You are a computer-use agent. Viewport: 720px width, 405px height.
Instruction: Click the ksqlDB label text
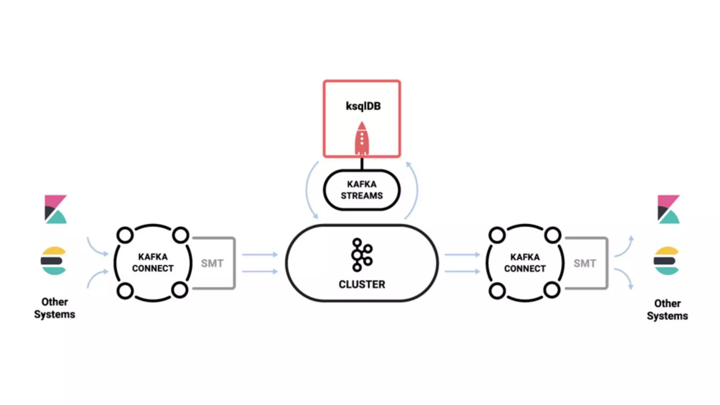tap(363, 106)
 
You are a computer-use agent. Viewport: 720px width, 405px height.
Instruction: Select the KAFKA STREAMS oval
tap(361, 190)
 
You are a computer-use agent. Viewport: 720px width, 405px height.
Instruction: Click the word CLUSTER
tap(362, 284)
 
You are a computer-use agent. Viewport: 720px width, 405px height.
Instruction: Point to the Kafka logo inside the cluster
tap(361, 255)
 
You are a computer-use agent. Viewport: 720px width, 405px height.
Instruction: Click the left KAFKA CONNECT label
tap(153, 262)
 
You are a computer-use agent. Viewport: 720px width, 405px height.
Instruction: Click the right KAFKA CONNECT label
tap(525, 263)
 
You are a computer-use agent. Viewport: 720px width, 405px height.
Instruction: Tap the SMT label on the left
tap(212, 263)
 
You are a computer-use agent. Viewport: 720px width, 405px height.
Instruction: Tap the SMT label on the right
tap(585, 263)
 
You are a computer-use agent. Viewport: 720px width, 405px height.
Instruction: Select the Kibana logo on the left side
tap(56, 209)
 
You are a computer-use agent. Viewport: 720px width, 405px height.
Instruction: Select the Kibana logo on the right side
tap(668, 209)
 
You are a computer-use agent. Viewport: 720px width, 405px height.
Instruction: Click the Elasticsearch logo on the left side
tap(53, 261)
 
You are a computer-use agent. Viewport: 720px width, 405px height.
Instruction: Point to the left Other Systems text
tap(54, 308)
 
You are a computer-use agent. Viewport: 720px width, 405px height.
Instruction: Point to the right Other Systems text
tap(667, 309)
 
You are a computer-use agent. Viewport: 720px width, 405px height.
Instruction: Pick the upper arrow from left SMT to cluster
tap(260, 254)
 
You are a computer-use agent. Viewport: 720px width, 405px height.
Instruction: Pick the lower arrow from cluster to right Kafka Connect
tap(462, 271)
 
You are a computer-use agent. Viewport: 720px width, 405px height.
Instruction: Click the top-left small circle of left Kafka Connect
tap(125, 235)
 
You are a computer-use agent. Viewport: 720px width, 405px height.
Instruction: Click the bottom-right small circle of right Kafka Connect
tap(552, 290)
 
